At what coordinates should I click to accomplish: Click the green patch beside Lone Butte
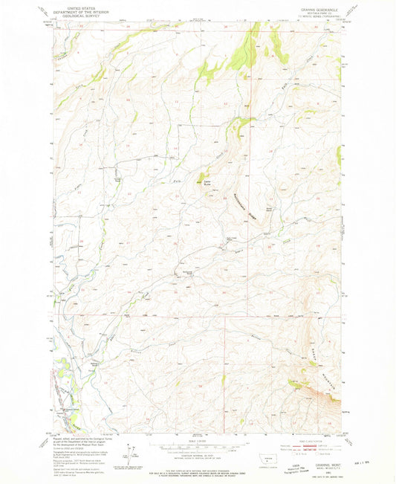(200, 179)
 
